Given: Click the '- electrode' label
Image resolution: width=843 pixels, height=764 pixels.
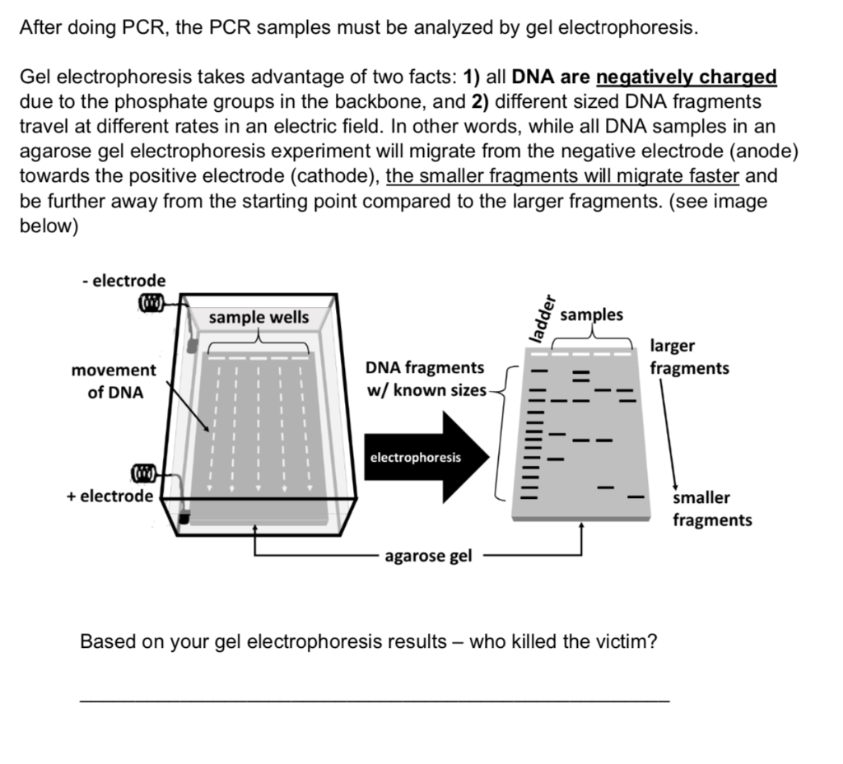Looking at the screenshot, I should click(x=123, y=281).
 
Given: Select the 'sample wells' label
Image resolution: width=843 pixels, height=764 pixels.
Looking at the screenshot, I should click(x=258, y=317).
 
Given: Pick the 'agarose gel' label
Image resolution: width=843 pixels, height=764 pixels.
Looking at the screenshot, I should click(x=428, y=557).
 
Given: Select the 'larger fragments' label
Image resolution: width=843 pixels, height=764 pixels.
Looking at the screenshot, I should click(x=689, y=356).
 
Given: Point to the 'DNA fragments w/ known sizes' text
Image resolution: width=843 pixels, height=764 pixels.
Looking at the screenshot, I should click(x=426, y=378).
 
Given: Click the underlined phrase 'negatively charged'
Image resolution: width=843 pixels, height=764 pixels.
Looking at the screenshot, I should click(x=686, y=77).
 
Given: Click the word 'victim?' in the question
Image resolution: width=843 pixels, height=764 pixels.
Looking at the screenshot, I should click(x=625, y=641).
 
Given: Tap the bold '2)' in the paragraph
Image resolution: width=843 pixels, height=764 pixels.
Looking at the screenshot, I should click(x=482, y=102).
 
